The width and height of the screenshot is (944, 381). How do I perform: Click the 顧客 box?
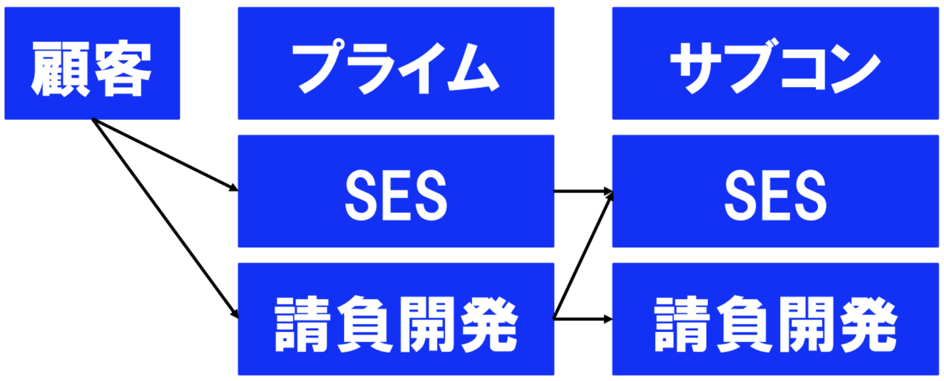click(92, 63)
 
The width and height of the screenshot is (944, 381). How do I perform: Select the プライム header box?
click(395, 63)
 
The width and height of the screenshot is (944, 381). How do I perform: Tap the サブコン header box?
click(776, 63)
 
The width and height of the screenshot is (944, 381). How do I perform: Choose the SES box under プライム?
click(395, 191)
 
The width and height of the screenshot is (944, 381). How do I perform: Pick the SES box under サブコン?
click(776, 191)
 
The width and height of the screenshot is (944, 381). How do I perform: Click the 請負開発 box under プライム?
click(395, 319)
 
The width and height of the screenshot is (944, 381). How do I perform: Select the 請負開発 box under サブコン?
click(776, 319)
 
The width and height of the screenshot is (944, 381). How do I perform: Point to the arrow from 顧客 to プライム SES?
click(164, 155)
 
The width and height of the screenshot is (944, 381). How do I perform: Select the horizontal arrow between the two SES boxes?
click(583, 192)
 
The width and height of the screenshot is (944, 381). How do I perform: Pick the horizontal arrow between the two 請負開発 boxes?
click(583, 319)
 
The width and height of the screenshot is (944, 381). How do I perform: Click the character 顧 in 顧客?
click(61, 68)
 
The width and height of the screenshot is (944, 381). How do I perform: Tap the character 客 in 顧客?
click(122, 68)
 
